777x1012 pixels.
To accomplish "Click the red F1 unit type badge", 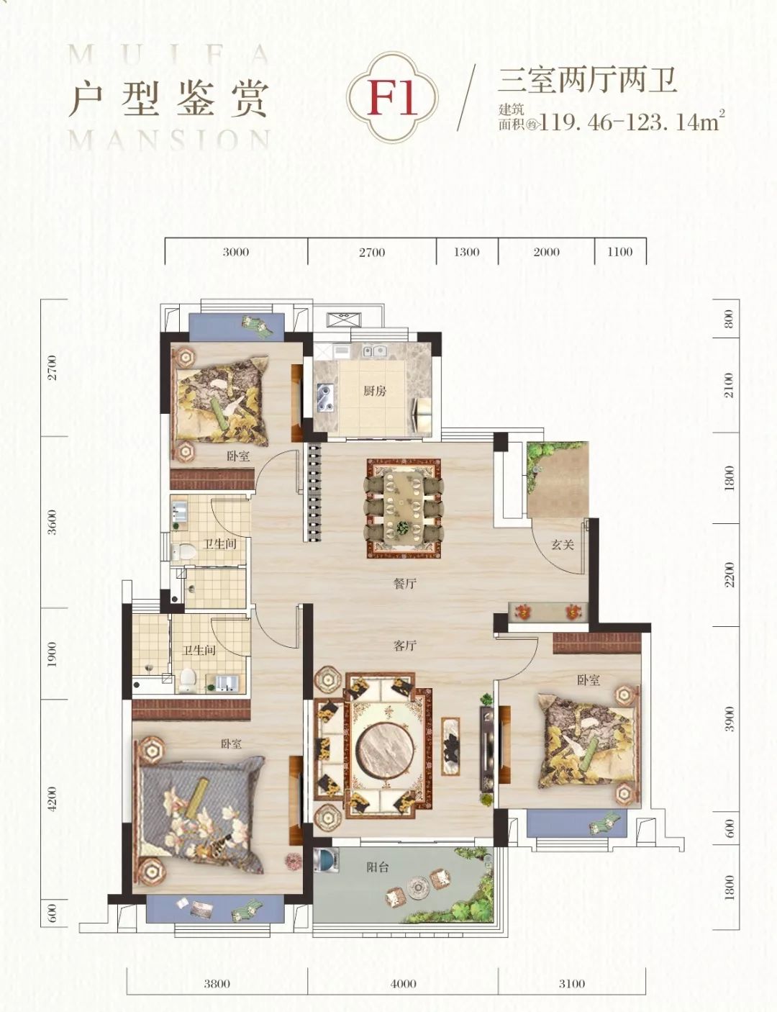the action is (392, 98).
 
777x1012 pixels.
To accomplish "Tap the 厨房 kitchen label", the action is (375, 391).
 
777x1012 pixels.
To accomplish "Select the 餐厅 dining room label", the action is (405, 583).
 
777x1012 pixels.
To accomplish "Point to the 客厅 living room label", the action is (405, 646).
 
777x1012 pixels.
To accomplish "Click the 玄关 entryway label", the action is (563, 544).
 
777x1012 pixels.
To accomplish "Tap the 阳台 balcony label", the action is (377, 867).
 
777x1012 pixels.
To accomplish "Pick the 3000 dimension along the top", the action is (235, 252).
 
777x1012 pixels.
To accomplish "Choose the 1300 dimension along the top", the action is (466, 252).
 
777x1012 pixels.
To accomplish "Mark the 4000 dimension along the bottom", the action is (404, 983).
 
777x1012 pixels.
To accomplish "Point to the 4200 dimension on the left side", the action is (52, 799).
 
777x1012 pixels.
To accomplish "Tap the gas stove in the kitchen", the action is (326, 398).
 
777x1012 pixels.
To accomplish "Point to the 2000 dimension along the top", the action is (546, 252).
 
